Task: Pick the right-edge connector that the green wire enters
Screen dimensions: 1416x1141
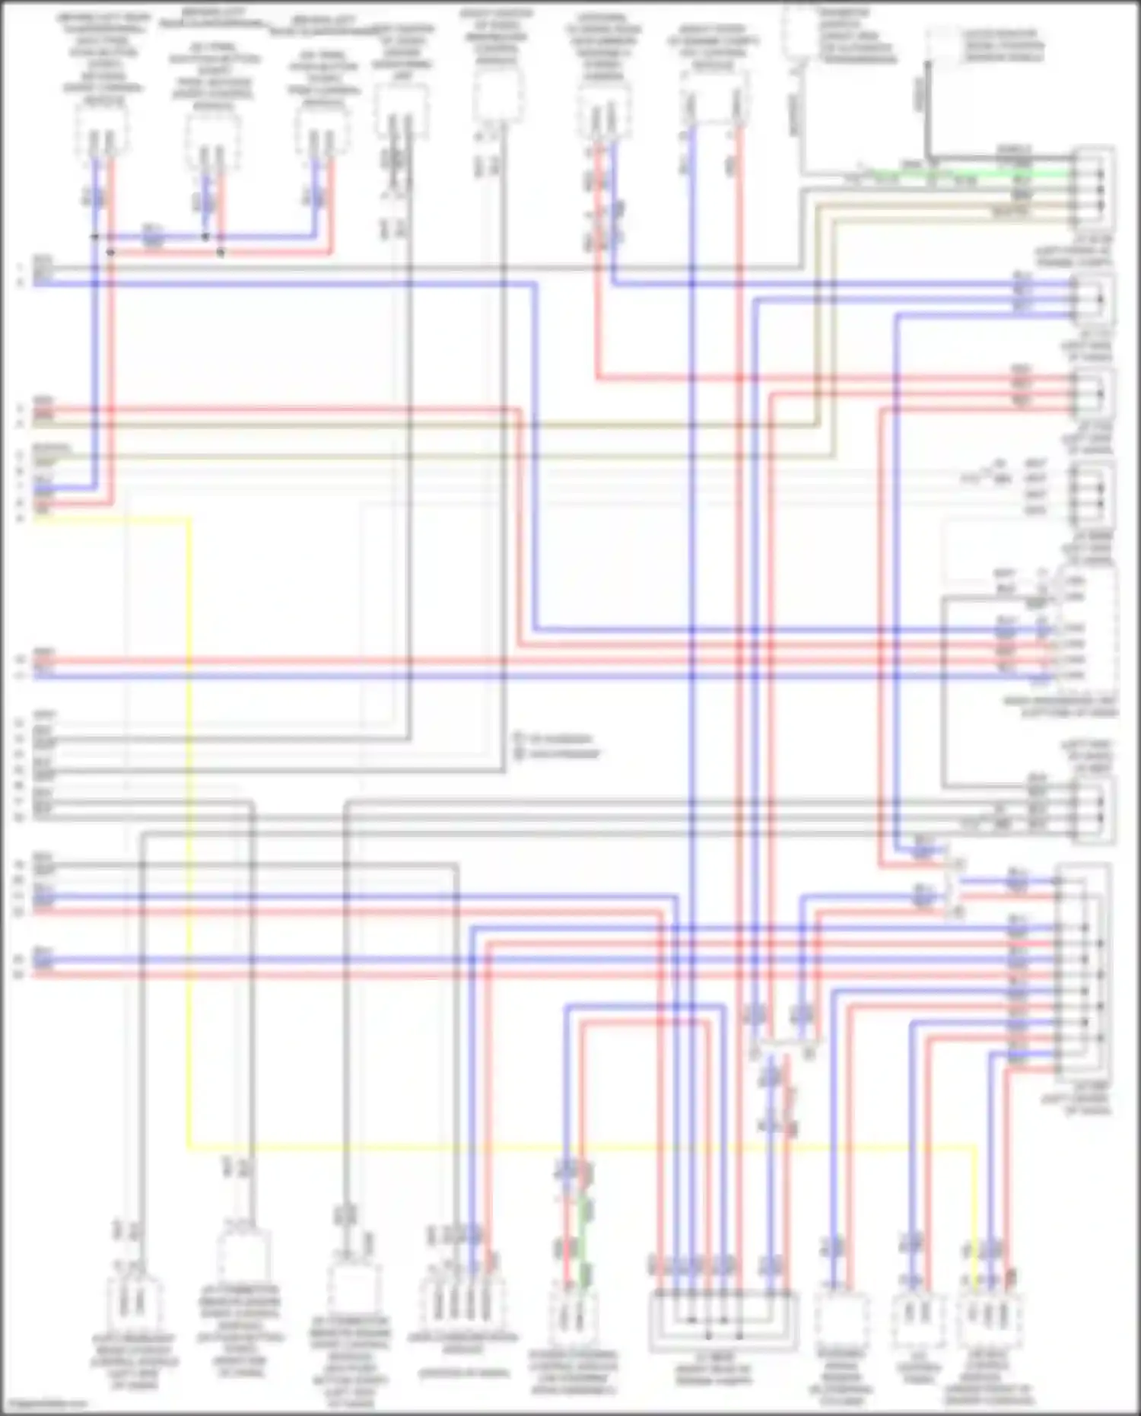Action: coord(1093,183)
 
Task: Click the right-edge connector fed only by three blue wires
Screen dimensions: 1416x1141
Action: coord(1093,298)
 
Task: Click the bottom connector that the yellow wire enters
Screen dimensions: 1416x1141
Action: coord(989,1316)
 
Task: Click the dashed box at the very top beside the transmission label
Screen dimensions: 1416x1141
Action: coord(799,30)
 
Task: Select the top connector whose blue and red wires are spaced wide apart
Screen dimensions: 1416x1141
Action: coord(713,107)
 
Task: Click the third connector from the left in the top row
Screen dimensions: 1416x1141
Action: coord(323,137)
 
